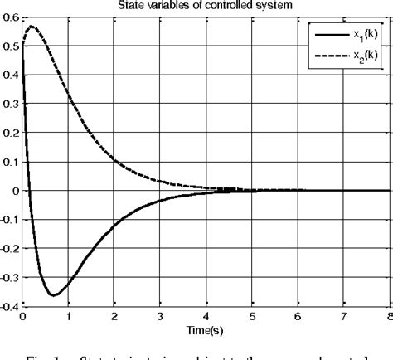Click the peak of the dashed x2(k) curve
click(x=31, y=27)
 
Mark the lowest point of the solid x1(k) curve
click(x=53, y=295)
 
